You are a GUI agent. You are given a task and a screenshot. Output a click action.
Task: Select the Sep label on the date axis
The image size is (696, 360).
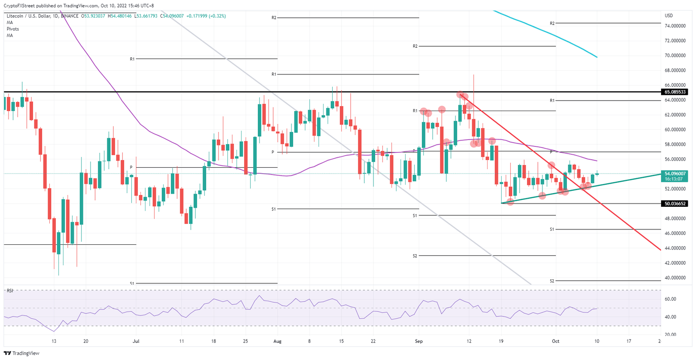419,342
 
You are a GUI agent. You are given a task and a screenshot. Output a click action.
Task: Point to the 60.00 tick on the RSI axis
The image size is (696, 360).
671,299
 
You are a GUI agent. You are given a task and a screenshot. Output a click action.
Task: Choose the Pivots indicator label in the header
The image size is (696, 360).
12,29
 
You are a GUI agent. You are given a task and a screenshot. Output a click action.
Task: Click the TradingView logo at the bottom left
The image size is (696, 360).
22,353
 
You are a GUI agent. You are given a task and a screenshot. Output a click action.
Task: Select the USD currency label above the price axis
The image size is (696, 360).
669,15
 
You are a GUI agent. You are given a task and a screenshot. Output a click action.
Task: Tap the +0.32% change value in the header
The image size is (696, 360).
217,16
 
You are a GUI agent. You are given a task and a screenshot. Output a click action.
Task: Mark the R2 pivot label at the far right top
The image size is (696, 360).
552,23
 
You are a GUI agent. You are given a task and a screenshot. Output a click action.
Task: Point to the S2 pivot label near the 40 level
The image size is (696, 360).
552,281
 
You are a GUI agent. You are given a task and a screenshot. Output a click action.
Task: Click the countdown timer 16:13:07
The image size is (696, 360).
674,179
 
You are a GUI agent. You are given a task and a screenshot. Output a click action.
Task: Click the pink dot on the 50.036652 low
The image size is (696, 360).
510,202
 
